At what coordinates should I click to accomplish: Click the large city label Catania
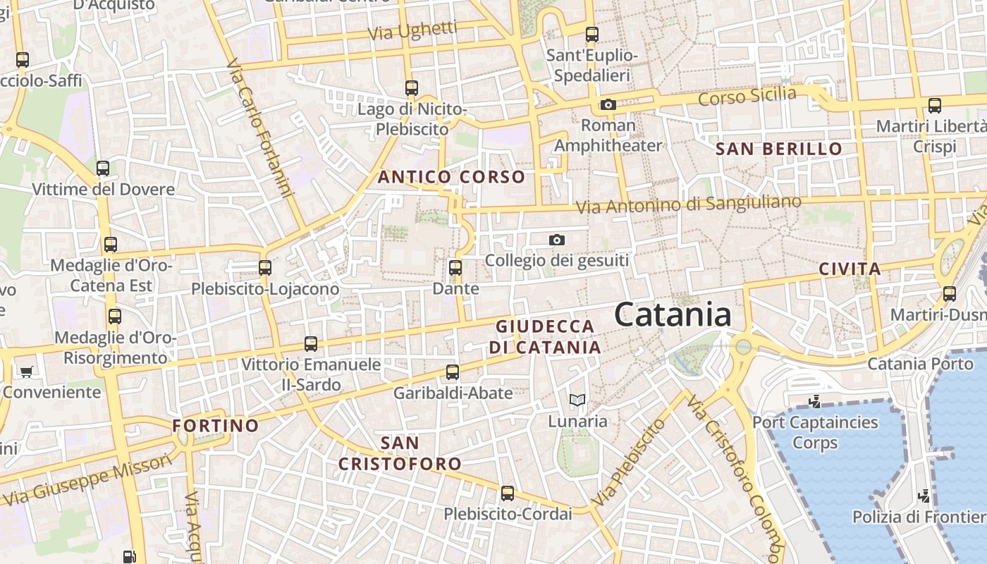point(673,314)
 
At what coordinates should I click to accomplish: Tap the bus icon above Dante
point(455,268)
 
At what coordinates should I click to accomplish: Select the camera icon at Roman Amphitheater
point(608,105)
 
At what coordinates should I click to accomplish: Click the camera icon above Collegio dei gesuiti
point(557,240)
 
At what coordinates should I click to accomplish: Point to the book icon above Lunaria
point(577,400)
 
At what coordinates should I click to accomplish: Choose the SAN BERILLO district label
point(779,149)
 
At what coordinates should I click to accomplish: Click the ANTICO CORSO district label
point(452,177)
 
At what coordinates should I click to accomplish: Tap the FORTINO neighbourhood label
point(216,426)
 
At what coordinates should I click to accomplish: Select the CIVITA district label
point(850,269)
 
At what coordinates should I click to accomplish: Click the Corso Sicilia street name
point(747,96)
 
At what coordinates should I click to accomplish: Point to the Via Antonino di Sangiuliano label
point(689,204)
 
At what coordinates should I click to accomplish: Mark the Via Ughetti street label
point(412,31)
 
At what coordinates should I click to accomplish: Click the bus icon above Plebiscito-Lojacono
point(265,268)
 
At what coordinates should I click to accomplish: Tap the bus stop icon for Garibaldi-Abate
point(453,372)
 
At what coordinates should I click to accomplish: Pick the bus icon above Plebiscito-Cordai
point(508,493)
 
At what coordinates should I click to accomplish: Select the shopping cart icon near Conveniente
point(27,371)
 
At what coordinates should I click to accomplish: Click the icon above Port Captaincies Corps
point(815,402)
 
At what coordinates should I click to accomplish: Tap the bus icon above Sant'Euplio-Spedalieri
point(592,34)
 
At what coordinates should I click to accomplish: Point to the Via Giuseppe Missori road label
point(88,479)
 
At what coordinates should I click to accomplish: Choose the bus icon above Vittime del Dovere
point(103,168)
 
